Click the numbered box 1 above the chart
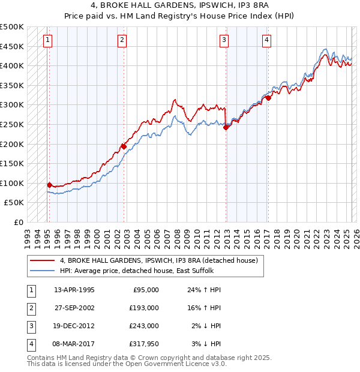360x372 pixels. click(x=47, y=40)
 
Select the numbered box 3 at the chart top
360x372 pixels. click(x=224, y=40)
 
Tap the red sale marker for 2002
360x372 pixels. click(x=124, y=146)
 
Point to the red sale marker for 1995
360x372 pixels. click(x=49, y=185)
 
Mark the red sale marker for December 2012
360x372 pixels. click(x=226, y=127)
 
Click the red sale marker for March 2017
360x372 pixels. click(x=269, y=98)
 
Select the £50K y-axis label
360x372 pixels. click(x=14, y=202)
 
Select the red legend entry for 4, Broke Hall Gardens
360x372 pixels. click(x=158, y=260)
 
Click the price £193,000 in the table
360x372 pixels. click(x=145, y=307)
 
